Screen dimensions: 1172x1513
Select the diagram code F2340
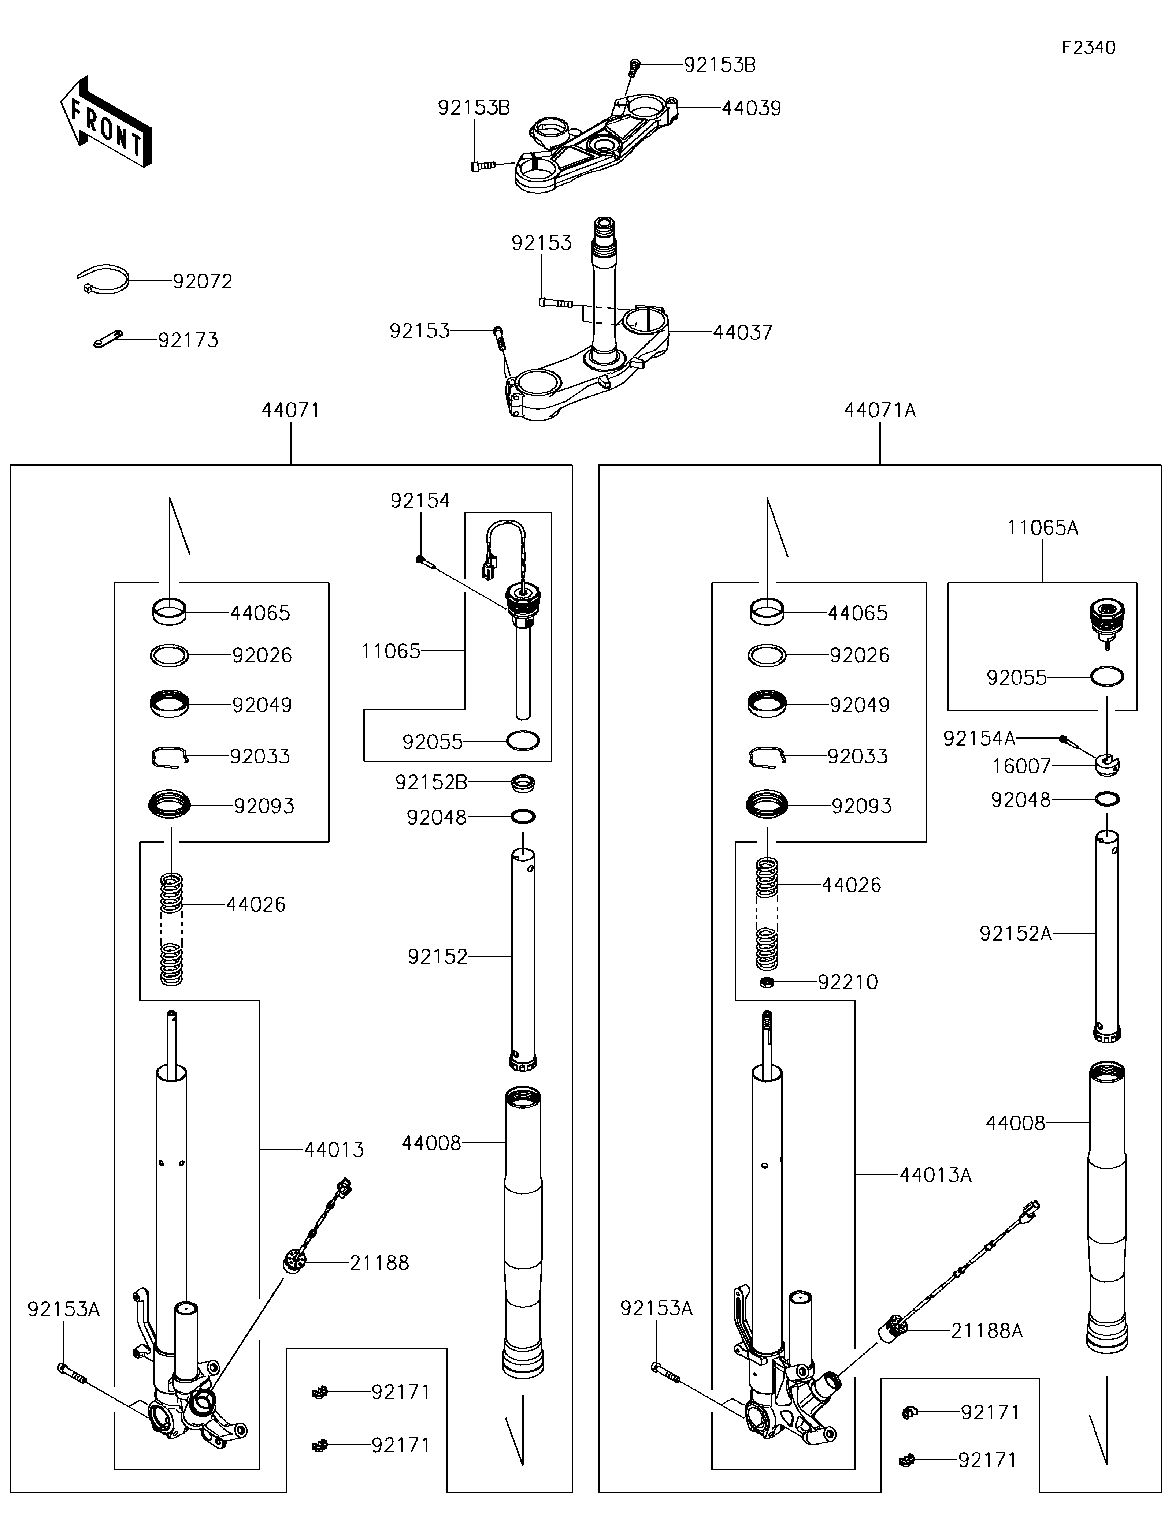(1089, 48)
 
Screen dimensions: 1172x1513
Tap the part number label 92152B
(431, 783)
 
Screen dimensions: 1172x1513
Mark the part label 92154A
(979, 739)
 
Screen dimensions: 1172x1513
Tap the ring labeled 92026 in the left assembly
(170, 655)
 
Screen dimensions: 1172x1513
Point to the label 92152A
(1015, 934)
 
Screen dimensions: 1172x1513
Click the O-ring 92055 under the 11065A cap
(1107, 676)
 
